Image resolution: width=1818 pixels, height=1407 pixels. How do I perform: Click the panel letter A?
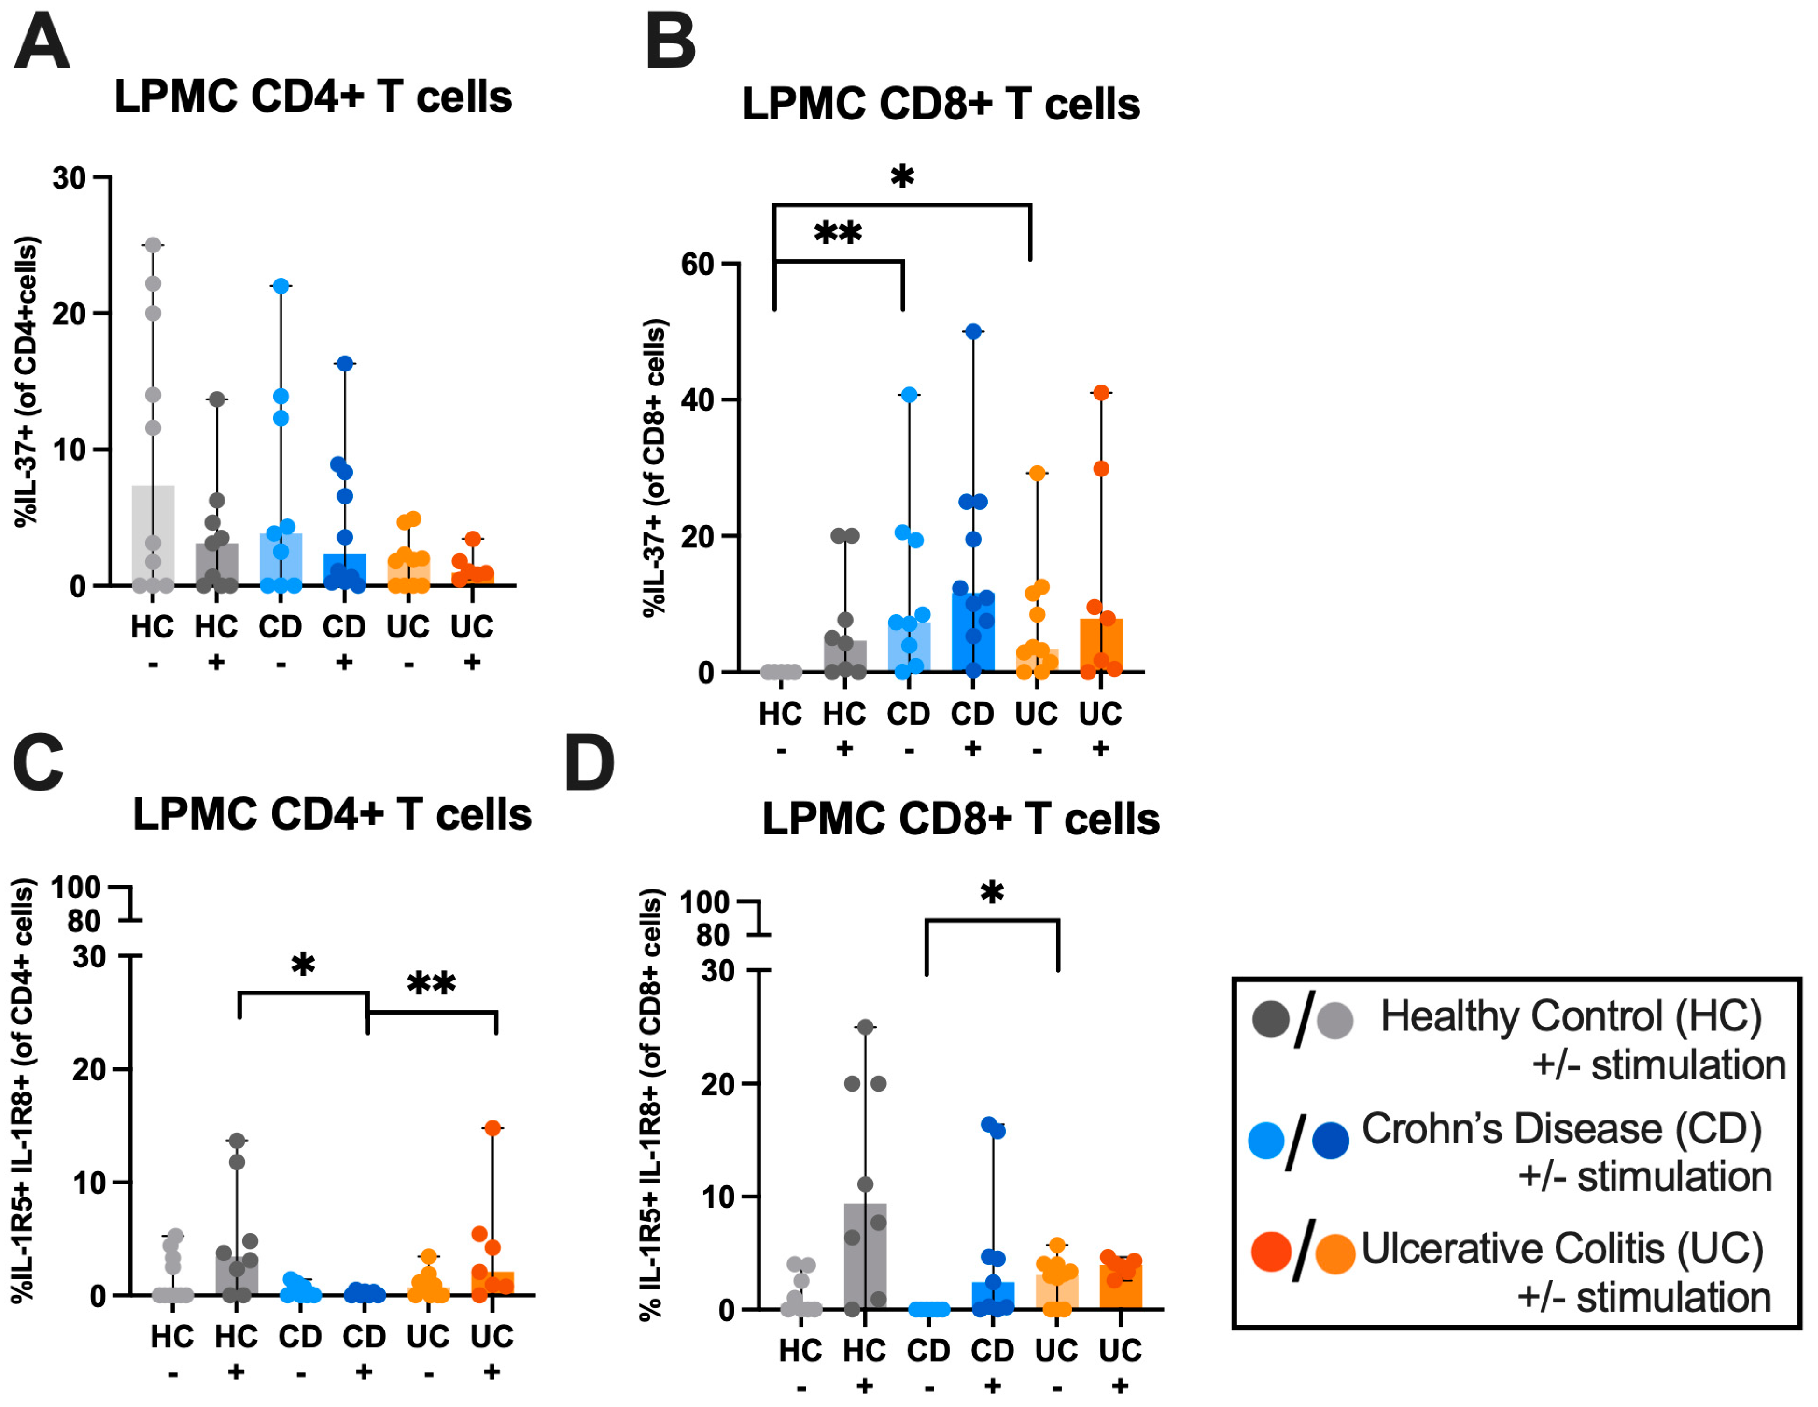pyautogui.click(x=42, y=42)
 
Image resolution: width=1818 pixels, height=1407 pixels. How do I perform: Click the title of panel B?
pyautogui.click(x=941, y=104)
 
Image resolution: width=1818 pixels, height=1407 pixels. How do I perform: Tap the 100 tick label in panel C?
pyautogui.click(x=76, y=887)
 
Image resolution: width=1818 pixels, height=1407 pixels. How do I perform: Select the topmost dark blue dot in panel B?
pyautogui.click(x=973, y=331)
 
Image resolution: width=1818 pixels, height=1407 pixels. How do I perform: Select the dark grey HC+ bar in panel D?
pyautogui.click(x=866, y=1256)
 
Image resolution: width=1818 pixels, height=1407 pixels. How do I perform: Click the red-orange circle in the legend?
pyautogui.click(x=1271, y=1252)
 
